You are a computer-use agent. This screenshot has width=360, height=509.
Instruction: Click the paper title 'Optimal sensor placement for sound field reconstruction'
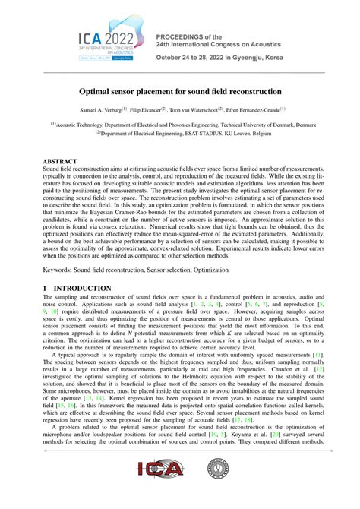click(x=180, y=89)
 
